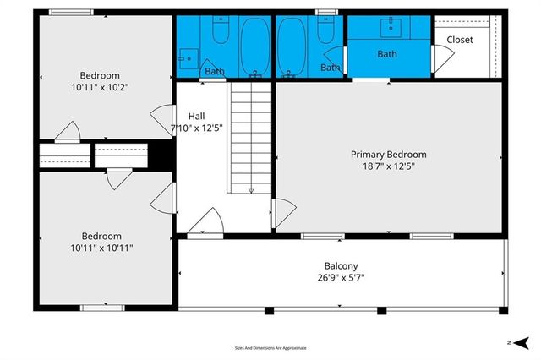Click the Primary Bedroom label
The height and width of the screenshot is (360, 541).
click(x=388, y=155)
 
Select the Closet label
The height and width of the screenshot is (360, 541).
click(x=460, y=40)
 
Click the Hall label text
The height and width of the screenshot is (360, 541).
click(x=196, y=116)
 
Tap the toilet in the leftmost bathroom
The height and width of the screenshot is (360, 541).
click(x=220, y=31)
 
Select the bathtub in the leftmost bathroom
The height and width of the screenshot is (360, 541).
click(x=253, y=46)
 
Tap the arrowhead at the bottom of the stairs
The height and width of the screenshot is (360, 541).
click(x=250, y=191)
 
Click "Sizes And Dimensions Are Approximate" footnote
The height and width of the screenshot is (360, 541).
click(x=270, y=347)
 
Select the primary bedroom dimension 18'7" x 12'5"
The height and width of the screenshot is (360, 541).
click(x=389, y=166)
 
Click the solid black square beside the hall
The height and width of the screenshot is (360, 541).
click(x=161, y=155)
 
